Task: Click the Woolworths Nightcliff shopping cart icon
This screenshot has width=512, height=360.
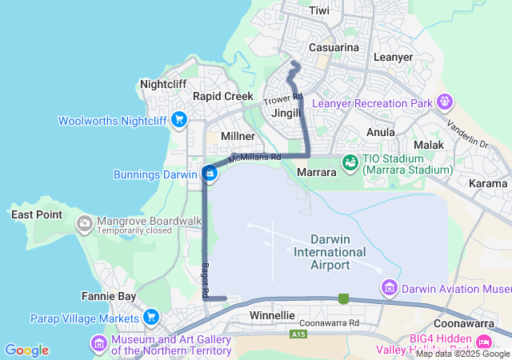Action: [179, 121]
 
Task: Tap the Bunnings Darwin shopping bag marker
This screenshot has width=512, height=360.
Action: [210, 173]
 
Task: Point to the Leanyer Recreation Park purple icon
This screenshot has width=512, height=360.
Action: [445, 102]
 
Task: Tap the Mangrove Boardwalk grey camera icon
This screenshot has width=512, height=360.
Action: [84, 224]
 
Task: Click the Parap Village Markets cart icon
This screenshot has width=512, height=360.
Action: [150, 318]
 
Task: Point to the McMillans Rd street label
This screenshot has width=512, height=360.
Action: [254, 158]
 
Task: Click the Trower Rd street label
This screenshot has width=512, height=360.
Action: [284, 100]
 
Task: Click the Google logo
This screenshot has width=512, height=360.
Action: [26, 350]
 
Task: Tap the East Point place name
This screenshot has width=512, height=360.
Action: [36, 214]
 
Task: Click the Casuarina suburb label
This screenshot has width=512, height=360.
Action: [333, 48]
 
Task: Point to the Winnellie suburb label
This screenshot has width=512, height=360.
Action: [273, 316]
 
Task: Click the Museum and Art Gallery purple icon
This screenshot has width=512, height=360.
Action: [99, 343]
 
